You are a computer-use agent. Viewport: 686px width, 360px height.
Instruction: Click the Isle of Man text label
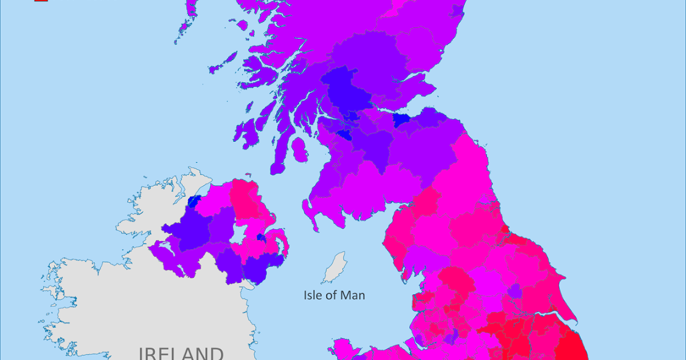[334, 295]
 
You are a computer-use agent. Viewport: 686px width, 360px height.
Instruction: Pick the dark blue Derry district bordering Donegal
[194, 201]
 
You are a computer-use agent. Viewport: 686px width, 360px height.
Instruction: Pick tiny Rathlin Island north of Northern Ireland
[247, 176]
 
